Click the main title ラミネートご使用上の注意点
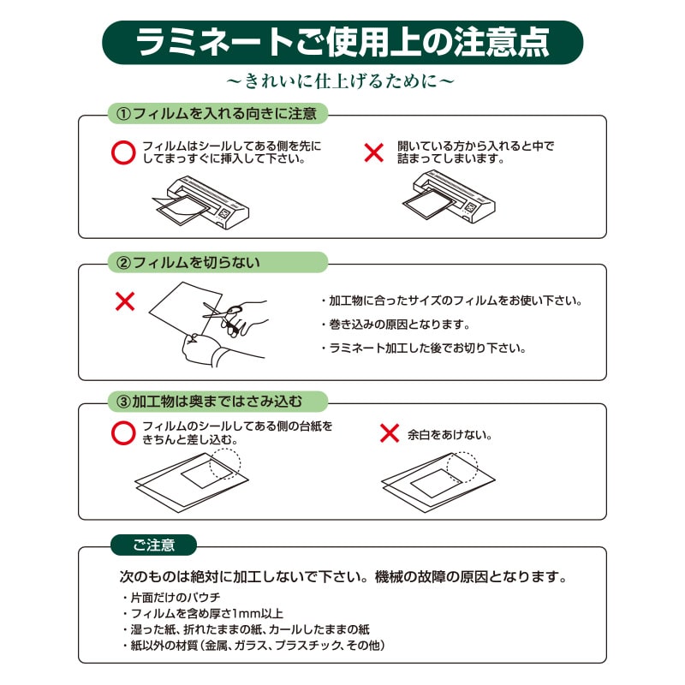pos(342,42)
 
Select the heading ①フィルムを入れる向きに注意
pos(217,113)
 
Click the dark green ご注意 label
pos(154,545)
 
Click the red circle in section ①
pos(124,152)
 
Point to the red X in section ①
pos(374,152)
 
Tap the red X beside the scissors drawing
pos(125,301)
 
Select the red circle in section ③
pos(124,432)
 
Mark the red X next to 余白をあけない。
pos(390,433)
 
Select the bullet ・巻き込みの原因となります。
pos(395,325)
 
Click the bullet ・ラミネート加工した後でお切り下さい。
pos(423,348)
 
